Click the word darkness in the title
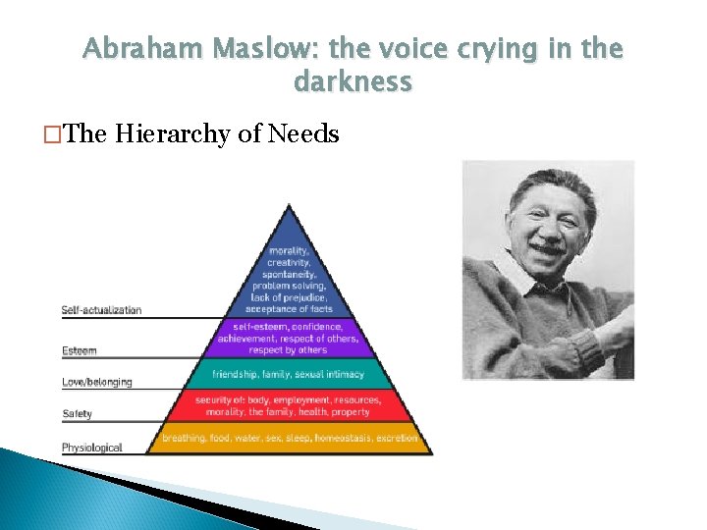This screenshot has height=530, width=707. (x=353, y=81)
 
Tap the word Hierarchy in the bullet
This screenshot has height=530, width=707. (x=173, y=133)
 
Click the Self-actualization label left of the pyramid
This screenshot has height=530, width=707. (x=101, y=310)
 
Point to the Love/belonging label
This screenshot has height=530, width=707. (x=96, y=382)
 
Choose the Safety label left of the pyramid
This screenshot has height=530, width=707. (x=77, y=413)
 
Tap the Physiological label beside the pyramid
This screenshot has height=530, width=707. (x=91, y=448)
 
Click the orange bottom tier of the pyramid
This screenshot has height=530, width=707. (x=289, y=438)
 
